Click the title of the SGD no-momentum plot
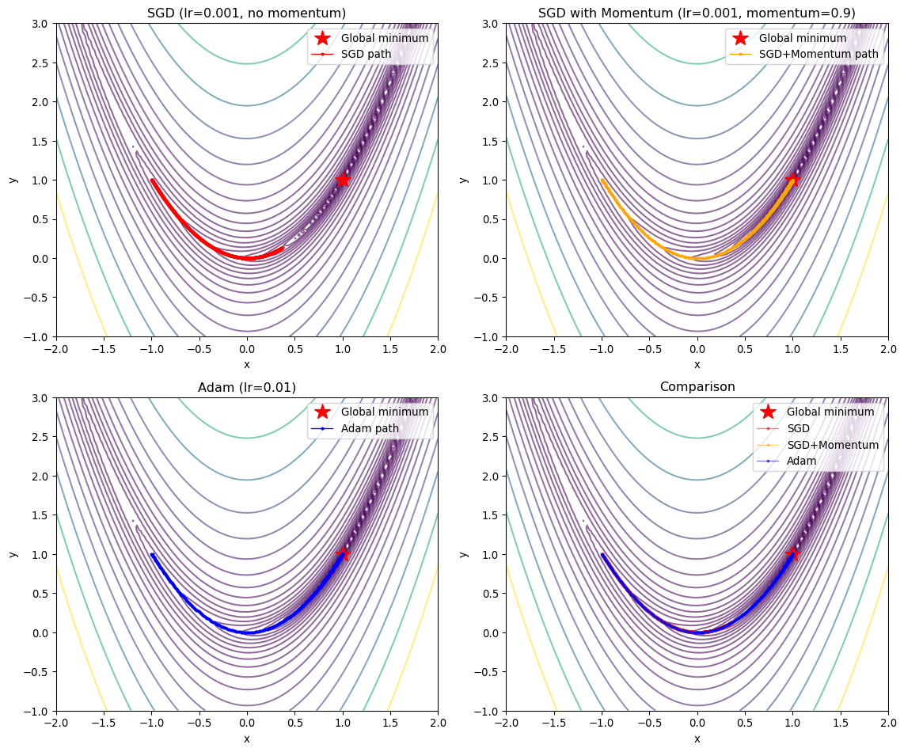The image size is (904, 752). point(247,13)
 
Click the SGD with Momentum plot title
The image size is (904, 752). point(697,13)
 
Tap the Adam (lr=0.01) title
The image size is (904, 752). point(247,387)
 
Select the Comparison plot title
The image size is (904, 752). point(697,387)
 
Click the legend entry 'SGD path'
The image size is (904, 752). point(368,54)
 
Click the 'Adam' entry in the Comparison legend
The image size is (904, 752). point(801,461)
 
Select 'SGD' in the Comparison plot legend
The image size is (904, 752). point(799,428)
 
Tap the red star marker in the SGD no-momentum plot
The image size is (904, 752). point(342,180)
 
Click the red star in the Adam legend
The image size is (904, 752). point(321,412)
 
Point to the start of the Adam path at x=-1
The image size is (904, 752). point(152,554)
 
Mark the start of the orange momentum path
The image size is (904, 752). point(602,180)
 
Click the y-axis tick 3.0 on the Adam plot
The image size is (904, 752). point(40,398)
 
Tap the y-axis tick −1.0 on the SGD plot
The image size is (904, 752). point(37,336)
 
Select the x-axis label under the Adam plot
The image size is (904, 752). point(247,739)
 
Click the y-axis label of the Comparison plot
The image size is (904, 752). point(464,554)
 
